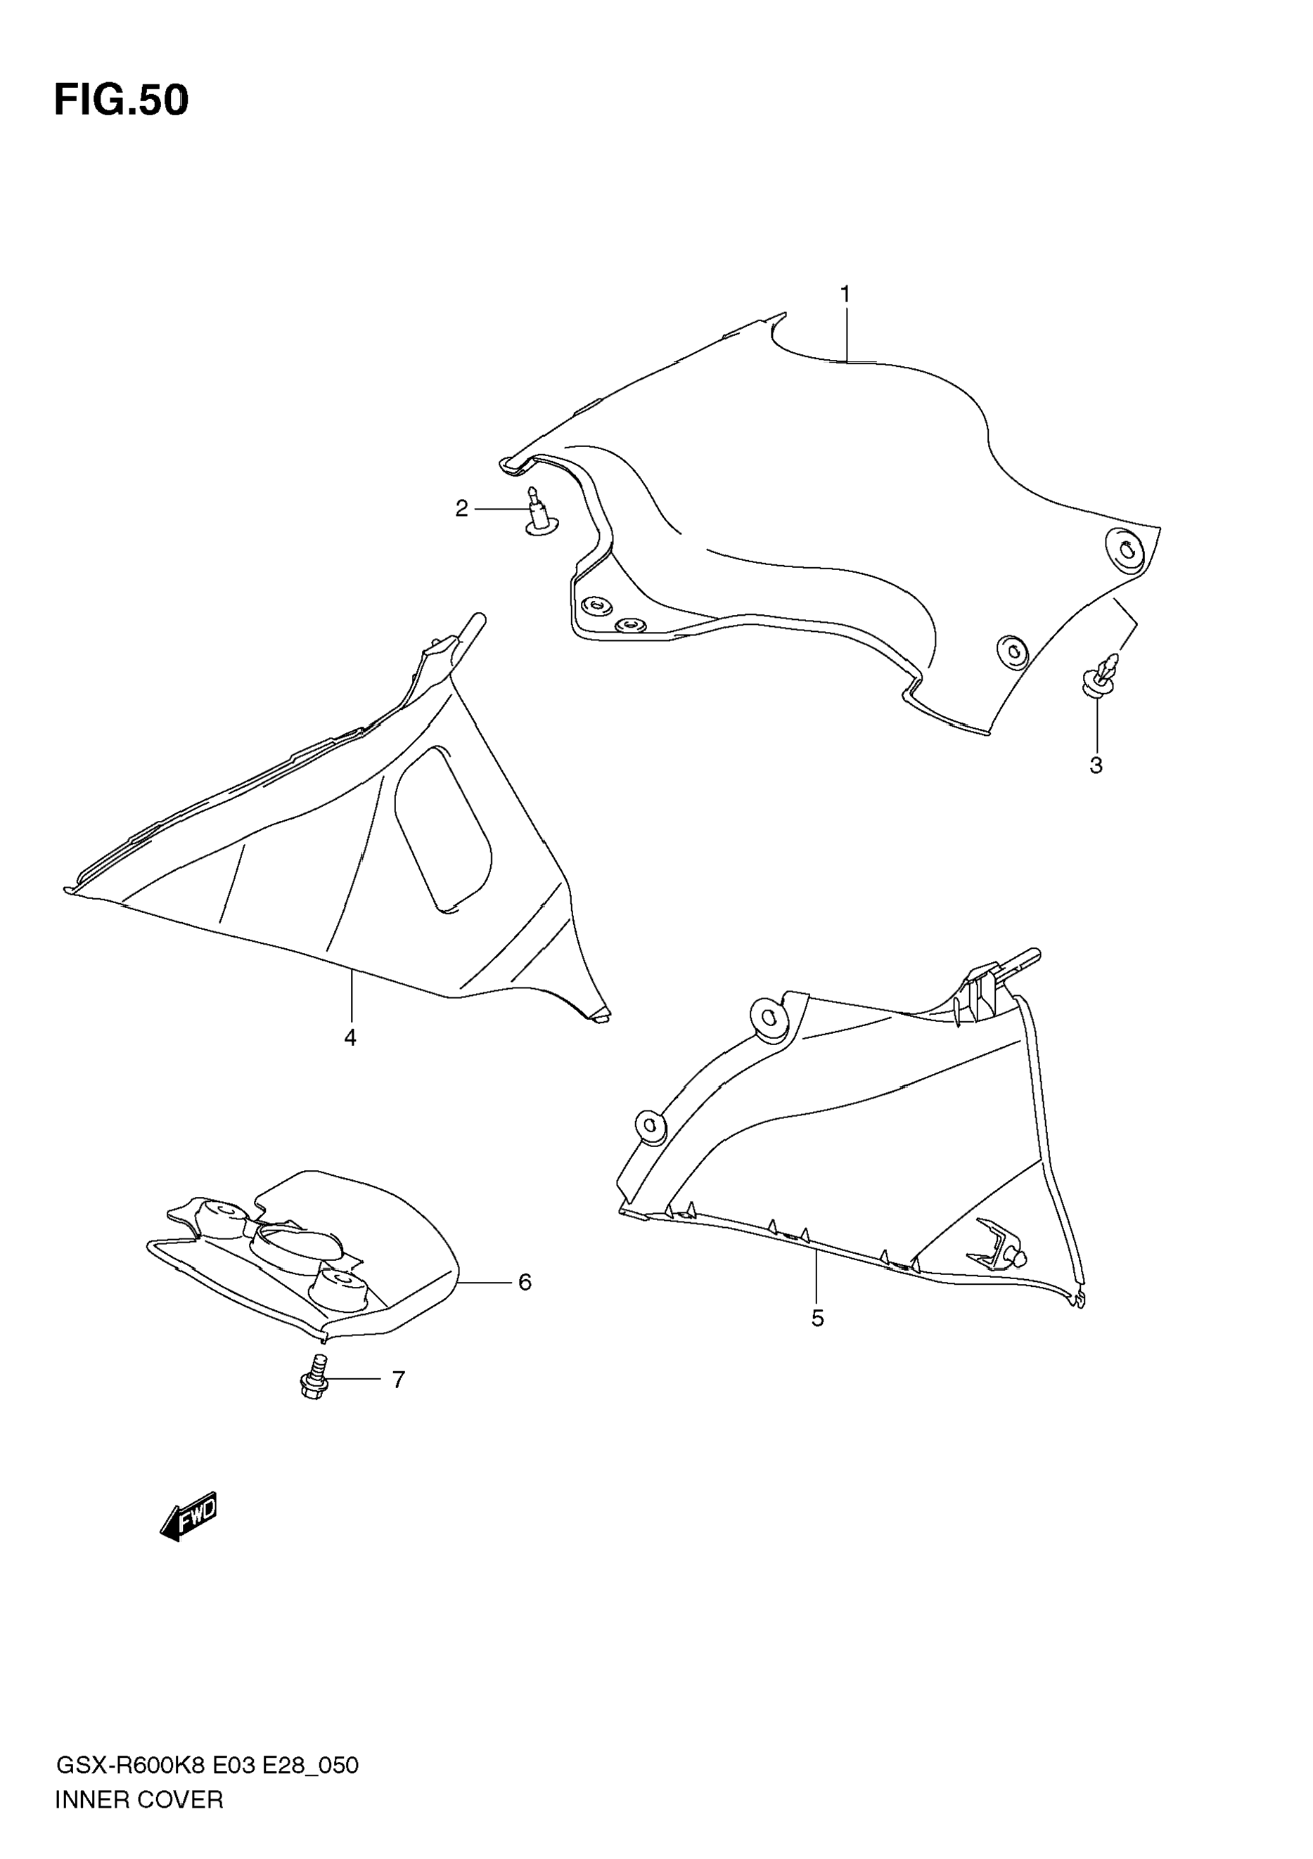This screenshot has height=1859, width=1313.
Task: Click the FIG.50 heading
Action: pos(122,101)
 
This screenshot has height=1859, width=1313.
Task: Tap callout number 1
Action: pos(845,294)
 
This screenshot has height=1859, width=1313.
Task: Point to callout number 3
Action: pos(1096,765)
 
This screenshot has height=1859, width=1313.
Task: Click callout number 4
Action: pos(350,1038)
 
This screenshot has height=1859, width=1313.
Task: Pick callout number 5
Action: pos(817,1319)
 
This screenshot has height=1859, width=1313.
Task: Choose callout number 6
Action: pos(525,1283)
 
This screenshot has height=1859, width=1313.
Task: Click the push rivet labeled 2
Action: pos(539,512)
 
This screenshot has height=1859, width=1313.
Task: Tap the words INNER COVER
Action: pos(139,1800)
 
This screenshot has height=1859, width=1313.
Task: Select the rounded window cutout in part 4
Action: pos(442,828)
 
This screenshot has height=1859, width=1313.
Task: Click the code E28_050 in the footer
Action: pos(310,1765)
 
